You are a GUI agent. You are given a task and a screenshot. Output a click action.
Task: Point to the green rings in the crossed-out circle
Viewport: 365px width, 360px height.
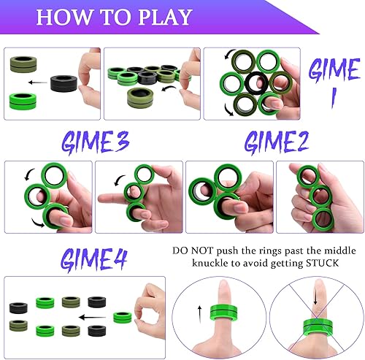(x=315, y=323)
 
